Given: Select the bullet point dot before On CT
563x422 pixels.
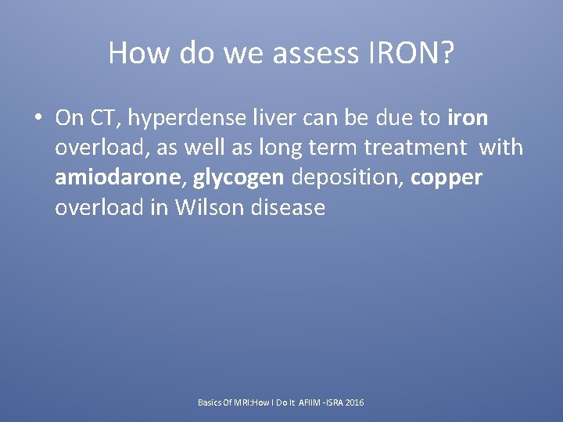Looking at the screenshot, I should tap(37, 119).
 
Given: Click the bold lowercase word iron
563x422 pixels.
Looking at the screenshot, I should tap(468, 118).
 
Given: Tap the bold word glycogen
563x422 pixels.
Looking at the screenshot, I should tap(239, 178).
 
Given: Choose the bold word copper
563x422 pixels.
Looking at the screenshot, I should tap(446, 178).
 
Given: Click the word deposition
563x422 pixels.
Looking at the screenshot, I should tap(348, 178).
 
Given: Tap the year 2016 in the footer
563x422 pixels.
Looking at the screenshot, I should tap(353, 402).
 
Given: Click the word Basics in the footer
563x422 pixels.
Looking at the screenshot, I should tap(210, 402).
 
